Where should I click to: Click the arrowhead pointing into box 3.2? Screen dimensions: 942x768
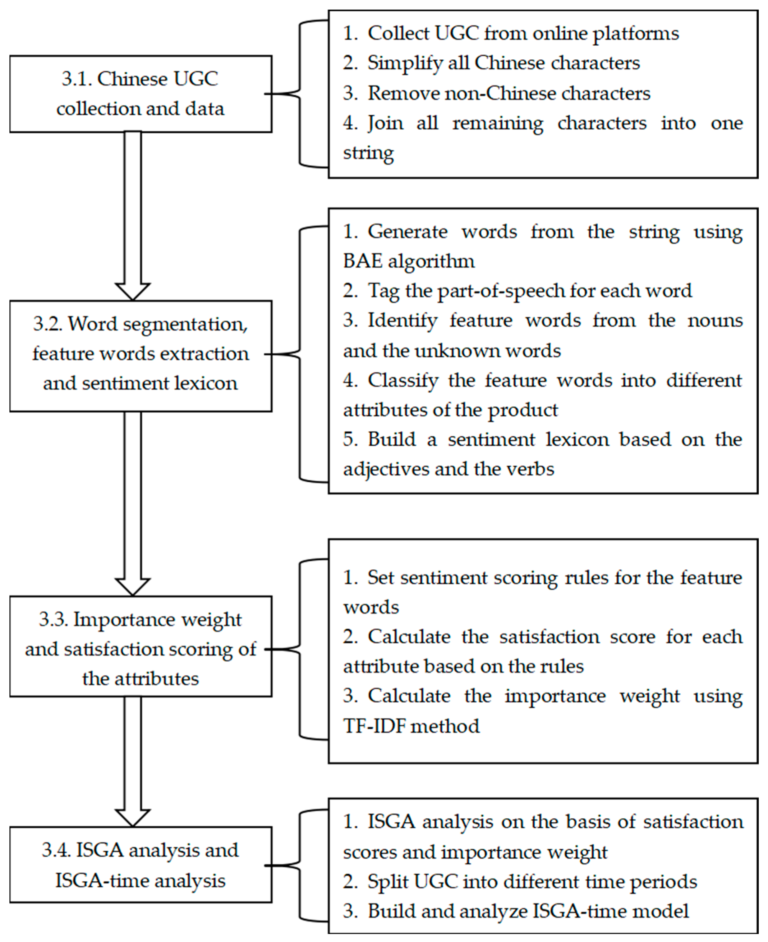coord(132,291)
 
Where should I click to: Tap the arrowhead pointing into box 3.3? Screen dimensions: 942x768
coord(132,586)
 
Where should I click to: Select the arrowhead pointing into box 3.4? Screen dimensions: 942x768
coord(132,818)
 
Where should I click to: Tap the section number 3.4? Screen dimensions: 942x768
coord(56,850)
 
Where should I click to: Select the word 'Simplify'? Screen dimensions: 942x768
coord(404,63)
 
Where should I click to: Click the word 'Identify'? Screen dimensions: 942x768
coord(402,321)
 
